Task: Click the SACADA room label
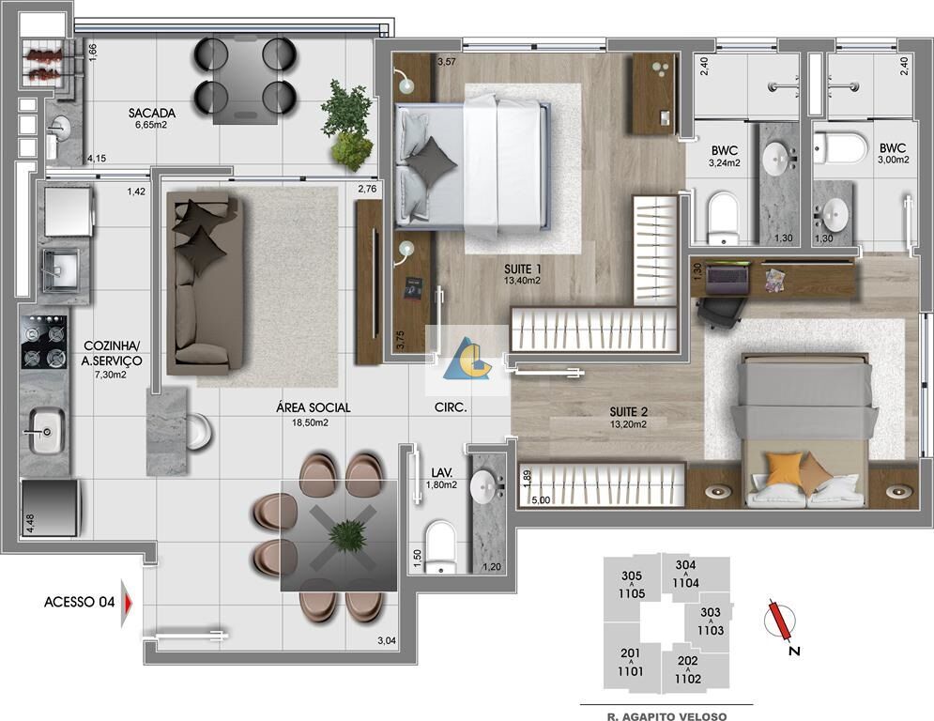pos(152,113)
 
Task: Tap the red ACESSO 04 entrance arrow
pos(127,603)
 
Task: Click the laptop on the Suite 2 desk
pos(727,277)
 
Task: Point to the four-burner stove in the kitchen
pos(45,342)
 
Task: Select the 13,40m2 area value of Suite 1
pos(523,280)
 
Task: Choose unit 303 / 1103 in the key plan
pos(711,621)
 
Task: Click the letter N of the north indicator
pos(793,652)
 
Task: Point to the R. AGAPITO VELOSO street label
pos(666,715)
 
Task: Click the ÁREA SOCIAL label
pos(314,407)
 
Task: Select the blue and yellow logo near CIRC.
pos(467,359)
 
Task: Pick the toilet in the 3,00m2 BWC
pos(841,147)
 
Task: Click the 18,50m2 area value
pos(311,422)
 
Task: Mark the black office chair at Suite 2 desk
pos(718,311)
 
